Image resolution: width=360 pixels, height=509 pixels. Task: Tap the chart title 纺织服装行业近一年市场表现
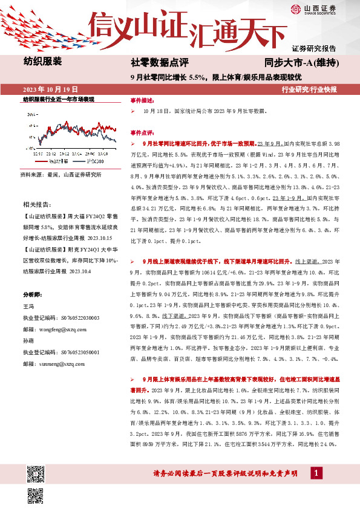[x=59, y=99]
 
